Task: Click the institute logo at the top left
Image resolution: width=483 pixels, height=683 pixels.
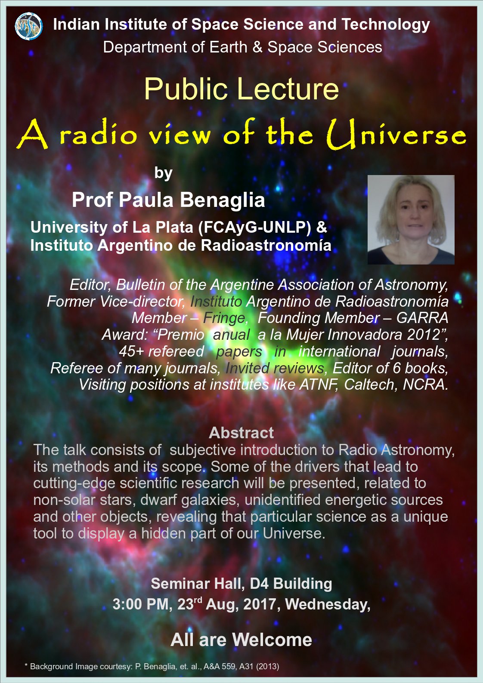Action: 29,26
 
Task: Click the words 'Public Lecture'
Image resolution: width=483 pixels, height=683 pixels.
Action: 241,89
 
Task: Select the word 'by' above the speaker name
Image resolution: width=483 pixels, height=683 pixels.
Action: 163,173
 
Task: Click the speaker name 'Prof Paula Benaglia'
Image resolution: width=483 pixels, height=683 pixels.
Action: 168,200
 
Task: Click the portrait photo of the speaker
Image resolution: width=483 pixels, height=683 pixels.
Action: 411,219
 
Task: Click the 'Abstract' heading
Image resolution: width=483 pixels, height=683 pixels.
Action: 241,433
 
